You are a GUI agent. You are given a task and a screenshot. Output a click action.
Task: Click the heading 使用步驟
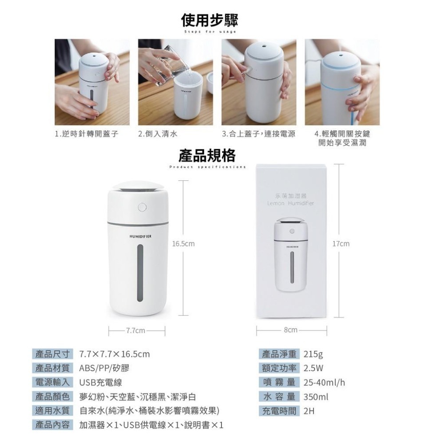210,20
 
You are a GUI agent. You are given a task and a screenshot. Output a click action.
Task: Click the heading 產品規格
207,155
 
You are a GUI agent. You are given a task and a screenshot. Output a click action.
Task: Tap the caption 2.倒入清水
158,134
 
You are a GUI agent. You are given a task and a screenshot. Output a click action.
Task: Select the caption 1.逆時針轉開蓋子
86,134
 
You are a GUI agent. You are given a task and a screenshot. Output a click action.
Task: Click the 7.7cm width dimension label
136,331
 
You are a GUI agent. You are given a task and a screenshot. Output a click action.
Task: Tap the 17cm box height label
341,244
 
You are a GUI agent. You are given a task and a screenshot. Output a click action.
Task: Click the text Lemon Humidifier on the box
291,203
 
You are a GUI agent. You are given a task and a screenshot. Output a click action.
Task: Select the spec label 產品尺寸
52,354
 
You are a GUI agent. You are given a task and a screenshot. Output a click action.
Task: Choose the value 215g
313,354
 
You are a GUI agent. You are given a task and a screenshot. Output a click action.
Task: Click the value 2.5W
313,368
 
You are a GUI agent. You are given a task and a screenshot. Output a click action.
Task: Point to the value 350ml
316,396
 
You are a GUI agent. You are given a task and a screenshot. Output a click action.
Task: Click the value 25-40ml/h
325,382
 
